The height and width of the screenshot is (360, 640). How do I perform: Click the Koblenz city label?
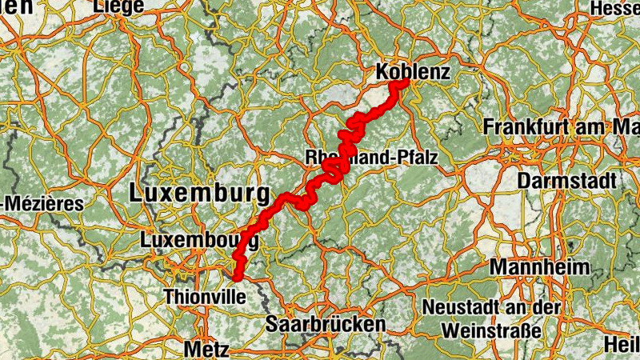[414, 72]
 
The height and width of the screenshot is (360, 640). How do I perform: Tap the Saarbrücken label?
[325, 324]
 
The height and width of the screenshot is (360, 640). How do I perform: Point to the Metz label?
[206, 349]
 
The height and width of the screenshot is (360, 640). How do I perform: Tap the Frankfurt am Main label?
[561, 127]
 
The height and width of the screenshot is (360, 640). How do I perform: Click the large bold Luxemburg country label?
[198, 193]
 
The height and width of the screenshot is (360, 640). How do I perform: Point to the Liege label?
[118, 6]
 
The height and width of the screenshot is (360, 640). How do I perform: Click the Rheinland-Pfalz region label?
[372, 158]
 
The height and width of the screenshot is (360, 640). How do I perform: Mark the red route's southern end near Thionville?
[238, 277]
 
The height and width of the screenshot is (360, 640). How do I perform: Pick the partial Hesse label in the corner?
[615, 7]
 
